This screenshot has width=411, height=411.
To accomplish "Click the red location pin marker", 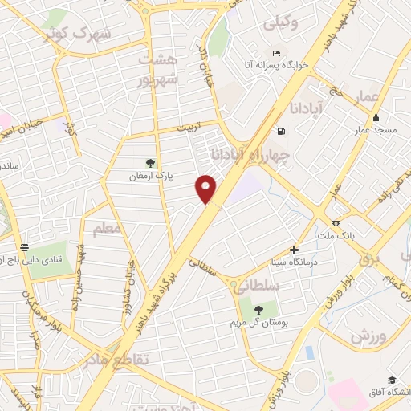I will coord(206,189).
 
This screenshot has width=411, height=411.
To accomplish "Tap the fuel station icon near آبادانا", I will coord(279,131).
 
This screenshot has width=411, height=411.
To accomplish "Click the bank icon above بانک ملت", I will coord(335,223).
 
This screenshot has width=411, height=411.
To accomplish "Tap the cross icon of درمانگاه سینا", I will coord(294,250).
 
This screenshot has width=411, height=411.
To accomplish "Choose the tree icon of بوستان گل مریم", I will coord(258,309).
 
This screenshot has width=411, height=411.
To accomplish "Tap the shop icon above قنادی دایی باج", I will coord(25,247).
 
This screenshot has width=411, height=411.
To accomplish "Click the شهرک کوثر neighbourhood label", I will coord(89,34).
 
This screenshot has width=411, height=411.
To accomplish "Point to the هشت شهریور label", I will coord(155,70).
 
